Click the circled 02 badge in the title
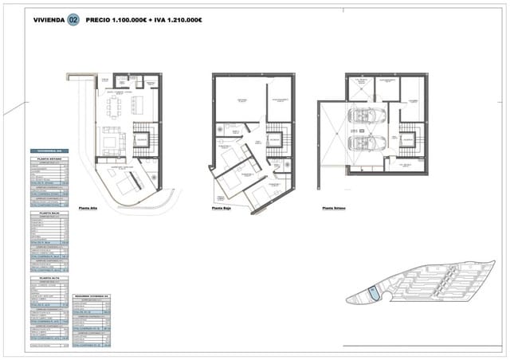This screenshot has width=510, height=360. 73,20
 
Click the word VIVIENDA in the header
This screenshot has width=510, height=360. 48,20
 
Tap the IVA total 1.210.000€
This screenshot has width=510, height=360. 183,20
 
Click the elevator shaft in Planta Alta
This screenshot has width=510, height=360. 140,142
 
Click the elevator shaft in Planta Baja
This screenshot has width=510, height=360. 274,139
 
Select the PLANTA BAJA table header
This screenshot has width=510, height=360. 50,213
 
